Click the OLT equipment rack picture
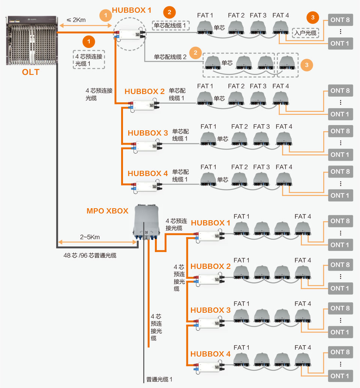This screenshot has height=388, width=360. tap(31, 41)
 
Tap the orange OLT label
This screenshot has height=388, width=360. tap(31, 72)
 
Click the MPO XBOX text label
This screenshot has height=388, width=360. tap(108, 210)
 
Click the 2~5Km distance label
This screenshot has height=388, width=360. tap(90, 237)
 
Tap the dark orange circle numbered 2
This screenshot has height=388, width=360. tap(169, 12)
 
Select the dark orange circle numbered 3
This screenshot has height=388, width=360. tap(313, 16)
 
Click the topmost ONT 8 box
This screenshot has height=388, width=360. tap(340, 20)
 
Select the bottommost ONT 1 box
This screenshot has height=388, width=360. tap(340, 376)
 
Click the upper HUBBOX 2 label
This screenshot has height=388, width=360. tap(144, 91)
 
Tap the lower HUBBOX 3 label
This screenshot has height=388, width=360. tap(210, 310)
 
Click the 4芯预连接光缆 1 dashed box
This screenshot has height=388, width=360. tap(89, 59)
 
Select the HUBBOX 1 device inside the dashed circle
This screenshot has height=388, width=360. tap(129, 35)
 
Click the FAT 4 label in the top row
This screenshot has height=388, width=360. tap(280, 15)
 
